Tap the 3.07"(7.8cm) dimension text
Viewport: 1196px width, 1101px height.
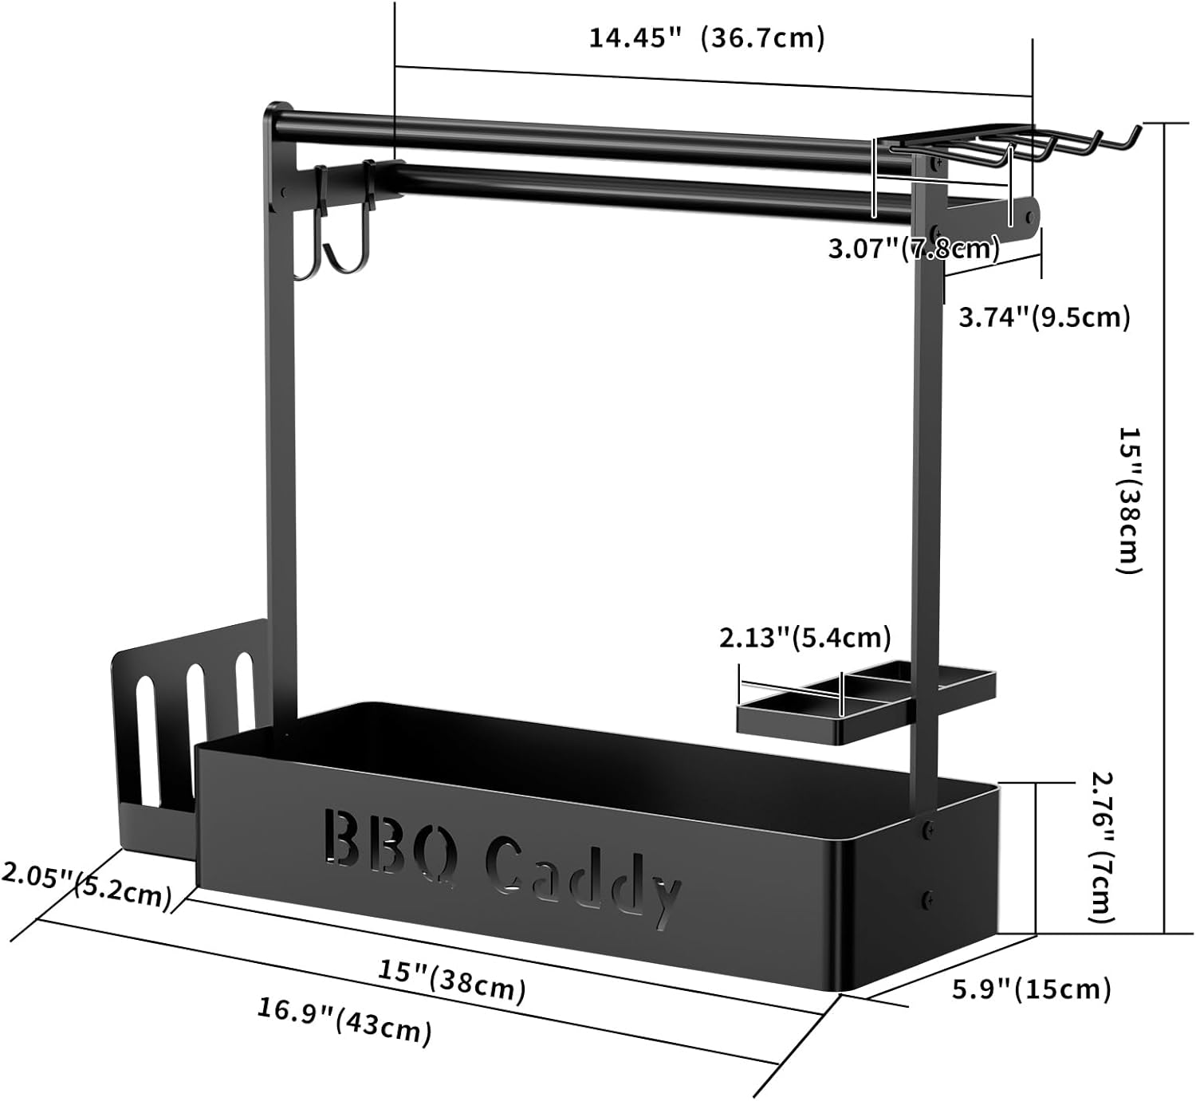coord(914,247)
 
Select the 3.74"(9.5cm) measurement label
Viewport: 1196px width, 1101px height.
coord(1044,317)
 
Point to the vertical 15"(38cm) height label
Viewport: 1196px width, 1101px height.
coord(1129,500)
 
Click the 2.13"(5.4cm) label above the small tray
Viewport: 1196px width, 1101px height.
coord(805,638)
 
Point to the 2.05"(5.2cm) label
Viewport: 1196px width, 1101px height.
coord(86,886)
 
